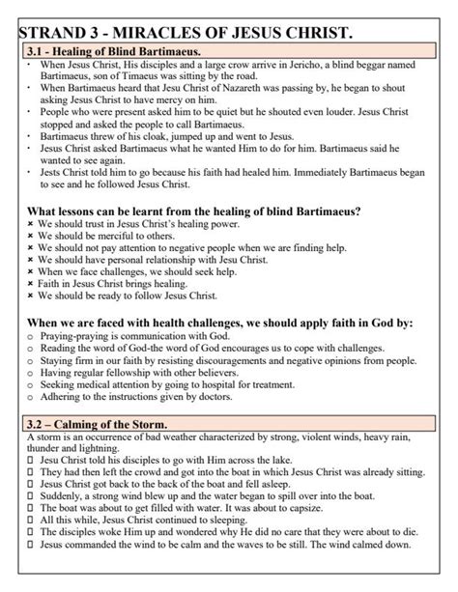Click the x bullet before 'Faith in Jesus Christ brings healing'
point(29,284)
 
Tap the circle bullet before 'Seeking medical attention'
point(29,383)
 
